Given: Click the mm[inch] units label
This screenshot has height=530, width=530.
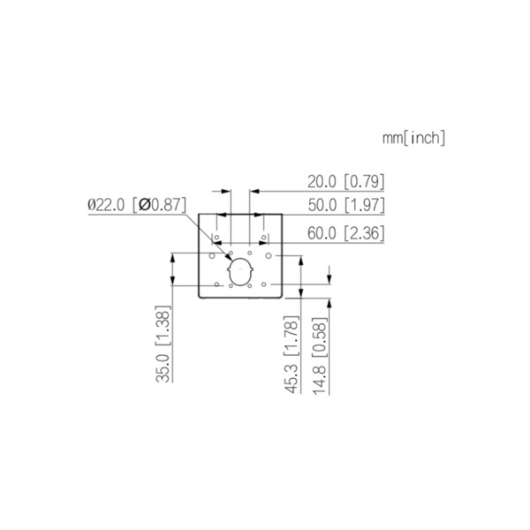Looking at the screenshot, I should [x=413, y=138].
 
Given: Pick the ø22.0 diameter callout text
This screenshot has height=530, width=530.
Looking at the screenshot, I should [x=107, y=204].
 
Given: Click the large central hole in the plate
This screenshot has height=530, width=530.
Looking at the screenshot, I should [x=239, y=272].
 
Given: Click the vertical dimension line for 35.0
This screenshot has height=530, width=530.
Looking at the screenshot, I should [x=173, y=318].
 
